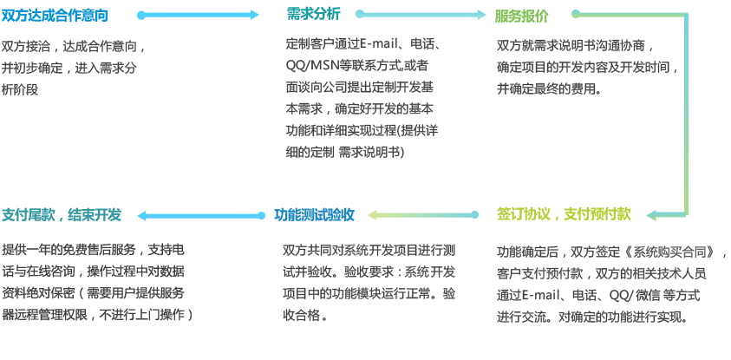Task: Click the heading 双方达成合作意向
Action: point(55,16)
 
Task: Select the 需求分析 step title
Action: point(314,14)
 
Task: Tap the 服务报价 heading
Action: point(522,16)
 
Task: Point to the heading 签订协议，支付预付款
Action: point(565,213)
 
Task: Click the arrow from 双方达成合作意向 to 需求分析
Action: point(199,15)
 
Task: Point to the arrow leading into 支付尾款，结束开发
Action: point(199,215)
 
